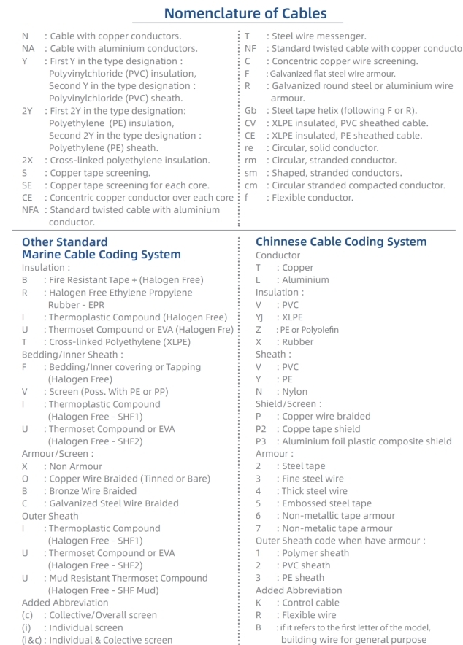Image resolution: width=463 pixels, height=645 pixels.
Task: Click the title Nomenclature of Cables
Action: click(245, 12)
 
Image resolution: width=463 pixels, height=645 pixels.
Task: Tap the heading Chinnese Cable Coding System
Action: click(341, 242)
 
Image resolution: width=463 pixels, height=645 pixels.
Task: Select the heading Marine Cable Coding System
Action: click(102, 255)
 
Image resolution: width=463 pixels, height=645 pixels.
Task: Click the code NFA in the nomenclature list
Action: click(30, 209)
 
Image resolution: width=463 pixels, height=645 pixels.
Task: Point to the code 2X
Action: click(28, 160)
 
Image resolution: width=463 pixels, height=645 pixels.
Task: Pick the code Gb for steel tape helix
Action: click(250, 110)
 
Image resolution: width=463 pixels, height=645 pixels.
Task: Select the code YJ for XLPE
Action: click(259, 317)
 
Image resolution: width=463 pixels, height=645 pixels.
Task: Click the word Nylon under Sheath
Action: click(295, 391)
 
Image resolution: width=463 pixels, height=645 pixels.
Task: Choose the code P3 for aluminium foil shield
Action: click(261, 441)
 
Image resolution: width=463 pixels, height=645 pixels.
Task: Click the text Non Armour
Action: click(76, 466)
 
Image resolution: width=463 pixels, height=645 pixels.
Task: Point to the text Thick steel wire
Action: click(315, 490)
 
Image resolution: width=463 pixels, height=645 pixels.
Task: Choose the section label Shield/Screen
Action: click(288, 403)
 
